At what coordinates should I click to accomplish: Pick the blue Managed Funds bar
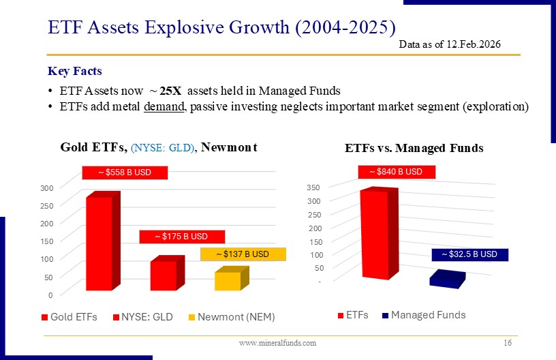pos(448,279)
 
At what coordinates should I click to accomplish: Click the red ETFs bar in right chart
pos(379,233)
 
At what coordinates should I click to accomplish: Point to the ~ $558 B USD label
pos(125,172)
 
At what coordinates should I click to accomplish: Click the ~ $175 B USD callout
pos(182,237)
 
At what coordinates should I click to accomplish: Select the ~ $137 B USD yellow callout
pos(243,254)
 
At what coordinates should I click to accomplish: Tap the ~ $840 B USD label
pos(397,172)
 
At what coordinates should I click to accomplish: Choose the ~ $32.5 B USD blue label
pos(470,255)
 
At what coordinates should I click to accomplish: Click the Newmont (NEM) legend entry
pos(232,317)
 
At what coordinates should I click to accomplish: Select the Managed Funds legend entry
pos(424,315)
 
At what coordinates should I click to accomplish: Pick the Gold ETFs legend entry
pos(69,317)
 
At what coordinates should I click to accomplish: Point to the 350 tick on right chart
pos(313,187)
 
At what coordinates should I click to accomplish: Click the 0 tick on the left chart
pos(50,295)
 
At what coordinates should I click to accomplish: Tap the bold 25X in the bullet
pos(170,91)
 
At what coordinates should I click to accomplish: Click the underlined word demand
pos(164,106)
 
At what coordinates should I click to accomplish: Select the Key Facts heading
pos(75,71)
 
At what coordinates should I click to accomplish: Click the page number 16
pos(508,343)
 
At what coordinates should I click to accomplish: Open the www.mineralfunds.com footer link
pos(277,343)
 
